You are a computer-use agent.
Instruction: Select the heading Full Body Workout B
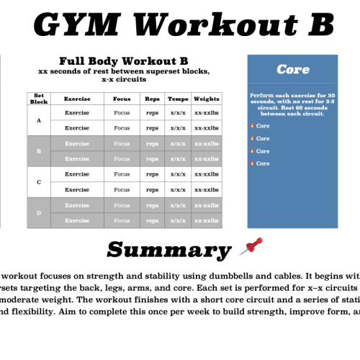click(123, 61)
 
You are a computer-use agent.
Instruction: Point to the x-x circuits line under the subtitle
click(123, 79)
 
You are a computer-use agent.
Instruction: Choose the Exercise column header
click(77, 99)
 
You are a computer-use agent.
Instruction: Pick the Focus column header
click(122, 99)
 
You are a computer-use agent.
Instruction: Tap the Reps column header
click(151, 99)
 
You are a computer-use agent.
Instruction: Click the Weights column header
click(207, 99)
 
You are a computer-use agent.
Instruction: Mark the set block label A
click(38, 120)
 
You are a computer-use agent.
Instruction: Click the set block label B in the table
click(38, 151)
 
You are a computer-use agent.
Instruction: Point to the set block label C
click(38, 182)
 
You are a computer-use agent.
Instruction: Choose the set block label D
click(38, 213)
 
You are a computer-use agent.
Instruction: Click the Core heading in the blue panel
click(292, 70)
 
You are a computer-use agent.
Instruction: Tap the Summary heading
click(168, 249)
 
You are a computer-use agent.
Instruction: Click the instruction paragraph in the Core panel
click(292, 104)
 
